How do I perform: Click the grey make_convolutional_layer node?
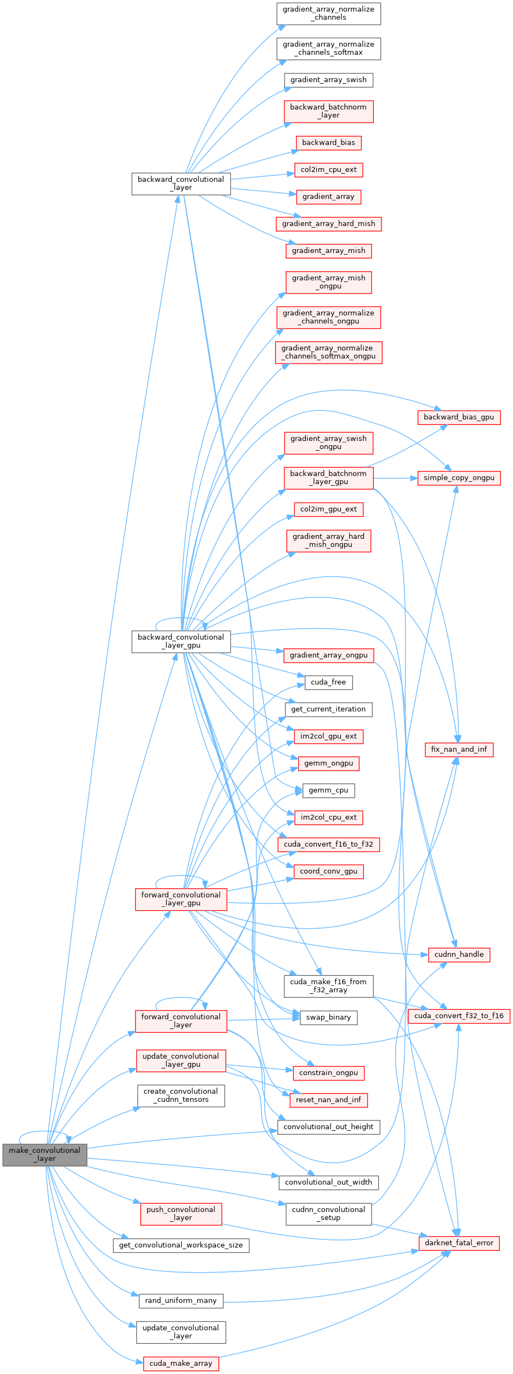pyautogui.click(x=44, y=1154)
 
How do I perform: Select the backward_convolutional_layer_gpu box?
pyautogui.click(x=181, y=641)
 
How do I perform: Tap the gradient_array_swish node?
pyautogui.click(x=328, y=80)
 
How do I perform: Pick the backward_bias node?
pyautogui.click(x=328, y=143)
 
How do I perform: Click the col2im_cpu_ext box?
pyautogui.click(x=328, y=170)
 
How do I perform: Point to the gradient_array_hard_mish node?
pyautogui.click(x=328, y=224)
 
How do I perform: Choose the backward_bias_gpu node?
pyautogui.click(x=459, y=417)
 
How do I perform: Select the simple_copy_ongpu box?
pyautogui.click(x=459, y=478)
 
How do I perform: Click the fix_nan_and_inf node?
pyautogui.click(x=459, y=749)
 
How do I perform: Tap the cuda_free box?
pyautogui.click(x=328, y=682)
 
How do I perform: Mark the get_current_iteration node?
pyautogui.click(x=328, y=709)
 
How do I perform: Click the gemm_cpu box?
pyautogui.click(x=328, y=791)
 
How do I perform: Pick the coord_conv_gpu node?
pyautogui.click(x=328, y=871)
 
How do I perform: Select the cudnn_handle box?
pyautogui.click(x=459, y=955)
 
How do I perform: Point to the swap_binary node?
pyautogui.click(x=328, y=1017)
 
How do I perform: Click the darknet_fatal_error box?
pyautogui.click(x=459, y=1243)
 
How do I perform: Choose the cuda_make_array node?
pyautogui.click(x=181, y=1364)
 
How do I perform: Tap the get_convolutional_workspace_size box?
pyautogui.click(x=181, y=1245)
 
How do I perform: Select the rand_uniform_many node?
pyautogui.click(x=181, y=1301)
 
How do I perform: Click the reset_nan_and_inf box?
pyautogui.click(x=328, y=1100)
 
